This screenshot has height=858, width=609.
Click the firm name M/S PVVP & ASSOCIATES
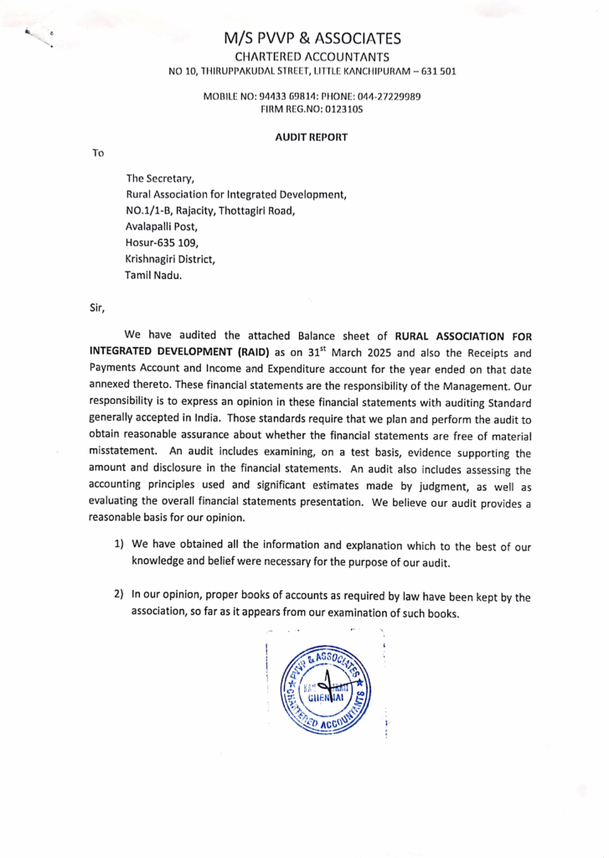[312, 39]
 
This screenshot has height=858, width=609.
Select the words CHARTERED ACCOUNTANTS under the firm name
[312, 55]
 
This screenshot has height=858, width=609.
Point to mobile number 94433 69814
[282, 97]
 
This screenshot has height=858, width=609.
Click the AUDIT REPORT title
[312, 136]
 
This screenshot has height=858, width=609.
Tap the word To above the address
[98, 153]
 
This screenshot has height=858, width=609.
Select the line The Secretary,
[160, 178]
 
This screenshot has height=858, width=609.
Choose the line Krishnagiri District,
[170, 259]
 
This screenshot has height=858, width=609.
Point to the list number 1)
[120, 545]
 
